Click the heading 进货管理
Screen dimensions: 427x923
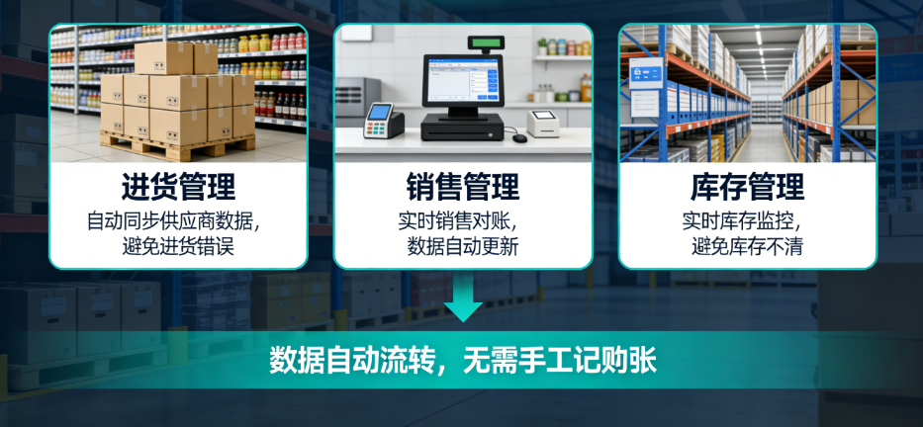coord(178,187)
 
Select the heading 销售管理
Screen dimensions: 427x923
coord(462,187)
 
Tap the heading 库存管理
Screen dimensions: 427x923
coord(747,187)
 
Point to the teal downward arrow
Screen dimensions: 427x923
coord(462,299)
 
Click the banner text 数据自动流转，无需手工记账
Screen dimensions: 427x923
coord(462,360)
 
